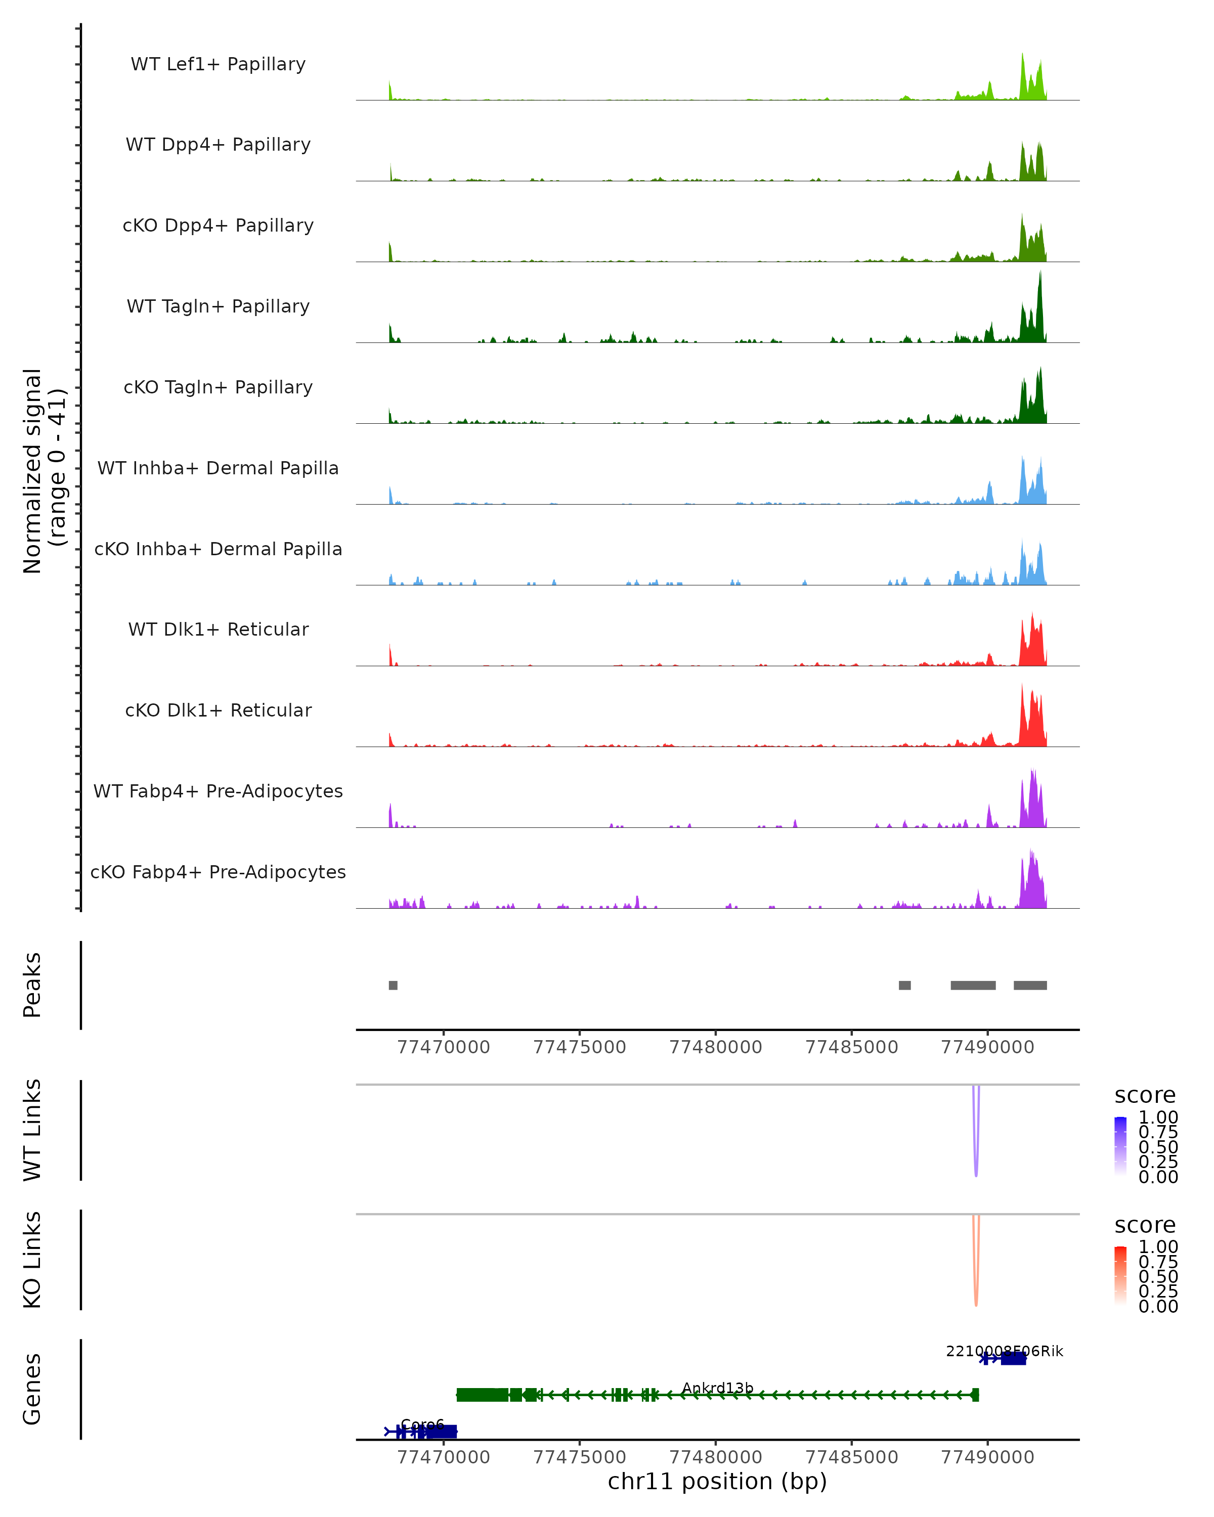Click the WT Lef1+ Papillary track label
tap(218, 64)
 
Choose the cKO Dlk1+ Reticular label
tap(218, 710)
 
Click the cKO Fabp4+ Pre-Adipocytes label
tap(218, 872)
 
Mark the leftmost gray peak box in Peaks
tap(393, 985)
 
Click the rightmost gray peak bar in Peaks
tap(1029, 985)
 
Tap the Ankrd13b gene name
tap(717, 1388)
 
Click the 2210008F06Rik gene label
tap(1004, 1351)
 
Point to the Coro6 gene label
tap(422, 1425)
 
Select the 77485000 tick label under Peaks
tap(851, 1047)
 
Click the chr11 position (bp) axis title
tap(717, 1481)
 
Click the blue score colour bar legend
tap(1120, 1144)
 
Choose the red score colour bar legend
tap(1120, 1274)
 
